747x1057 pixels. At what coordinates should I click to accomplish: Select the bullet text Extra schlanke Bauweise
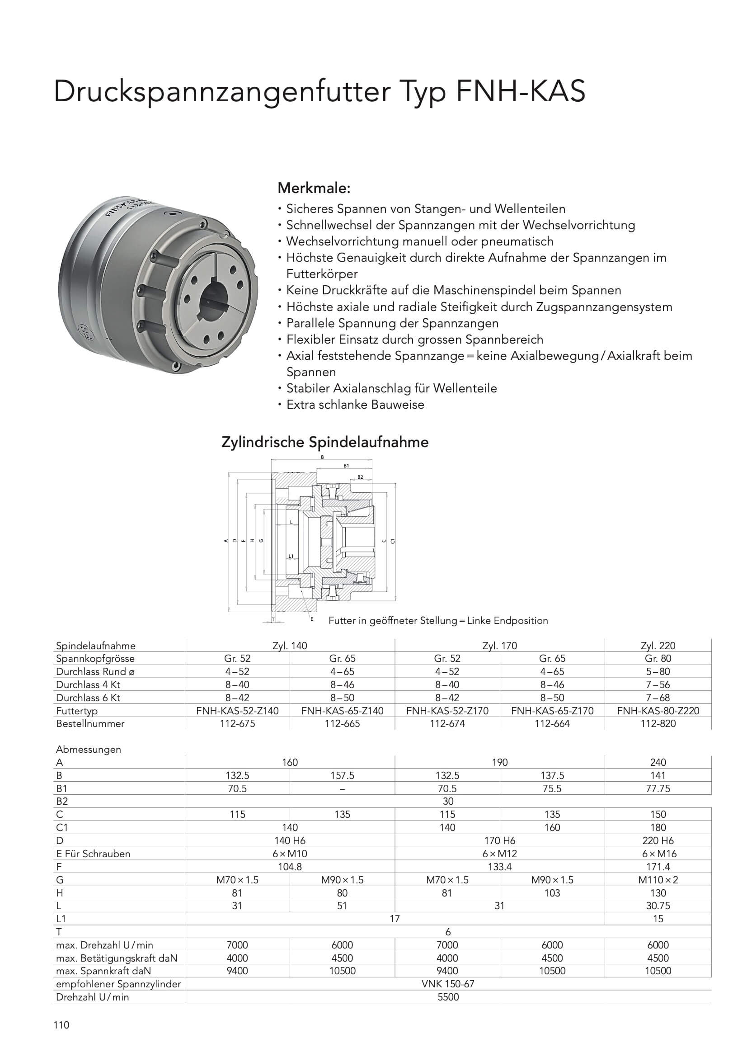pyautogui.click(x=355, y=405)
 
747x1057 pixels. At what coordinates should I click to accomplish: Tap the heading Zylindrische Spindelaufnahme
pyautogui.click(x=325, y=443)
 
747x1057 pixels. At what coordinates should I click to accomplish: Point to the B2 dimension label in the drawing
pyautogui.click(x=360, y=477)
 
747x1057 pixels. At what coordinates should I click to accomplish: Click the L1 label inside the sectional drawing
pyautogui.click(x=291, y=556)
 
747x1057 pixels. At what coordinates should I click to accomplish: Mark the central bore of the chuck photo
pyautogui.click(x=216, y=300)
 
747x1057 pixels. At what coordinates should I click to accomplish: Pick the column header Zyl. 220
pyautogui.click(x=658, y=646)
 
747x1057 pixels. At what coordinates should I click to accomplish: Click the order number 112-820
pyautogui.click(x=658, y=723)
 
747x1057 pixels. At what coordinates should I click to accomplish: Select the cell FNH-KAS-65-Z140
pyautogui.click(x=343, y=710)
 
